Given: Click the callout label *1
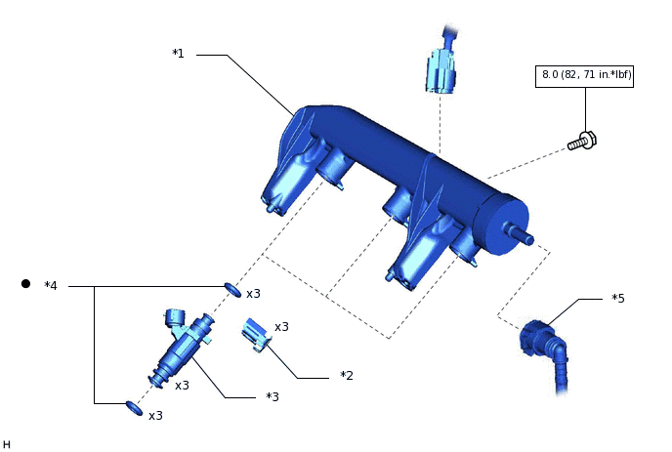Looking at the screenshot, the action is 178,54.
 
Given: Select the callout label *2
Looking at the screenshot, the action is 347,375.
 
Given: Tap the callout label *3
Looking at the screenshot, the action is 273,396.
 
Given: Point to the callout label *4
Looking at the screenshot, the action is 51,285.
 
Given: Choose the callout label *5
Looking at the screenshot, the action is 618,298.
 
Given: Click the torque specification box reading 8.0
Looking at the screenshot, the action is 584,76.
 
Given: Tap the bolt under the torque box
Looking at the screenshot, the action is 582,142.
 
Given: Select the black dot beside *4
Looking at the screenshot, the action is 25,284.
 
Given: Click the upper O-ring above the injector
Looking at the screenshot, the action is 232,290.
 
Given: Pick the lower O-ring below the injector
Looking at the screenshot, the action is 134,408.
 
